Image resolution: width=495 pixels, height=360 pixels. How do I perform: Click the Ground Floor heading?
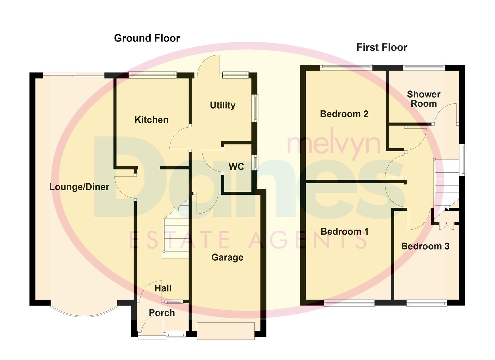coord(147,38)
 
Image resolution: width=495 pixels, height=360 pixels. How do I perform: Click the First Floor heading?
coord(382,47)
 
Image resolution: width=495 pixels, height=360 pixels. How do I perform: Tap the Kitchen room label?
coord(151,120)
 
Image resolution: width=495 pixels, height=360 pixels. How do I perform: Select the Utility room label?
coord(223,105)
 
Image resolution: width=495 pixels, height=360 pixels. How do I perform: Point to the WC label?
coord(236,166)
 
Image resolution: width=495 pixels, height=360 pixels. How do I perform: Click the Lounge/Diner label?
coord(79,187)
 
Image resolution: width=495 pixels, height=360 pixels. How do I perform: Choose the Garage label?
coord(227,257)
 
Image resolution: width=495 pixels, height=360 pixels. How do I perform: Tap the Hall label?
coord(163,288)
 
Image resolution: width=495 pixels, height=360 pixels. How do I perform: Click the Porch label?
coord(162,313)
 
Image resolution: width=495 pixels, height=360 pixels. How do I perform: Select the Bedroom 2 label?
coord(344,114)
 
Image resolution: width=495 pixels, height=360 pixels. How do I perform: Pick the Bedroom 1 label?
coord(344,231)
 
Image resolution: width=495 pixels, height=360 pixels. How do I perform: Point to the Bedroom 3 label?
coord(425,246)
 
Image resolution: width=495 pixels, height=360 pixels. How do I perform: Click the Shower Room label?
coord(424,99)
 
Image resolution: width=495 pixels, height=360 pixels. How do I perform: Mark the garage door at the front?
coord(226,331)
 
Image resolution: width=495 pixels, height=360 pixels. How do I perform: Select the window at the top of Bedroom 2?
coord(346,67)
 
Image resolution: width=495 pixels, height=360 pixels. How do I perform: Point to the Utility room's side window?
coord(255,108)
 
